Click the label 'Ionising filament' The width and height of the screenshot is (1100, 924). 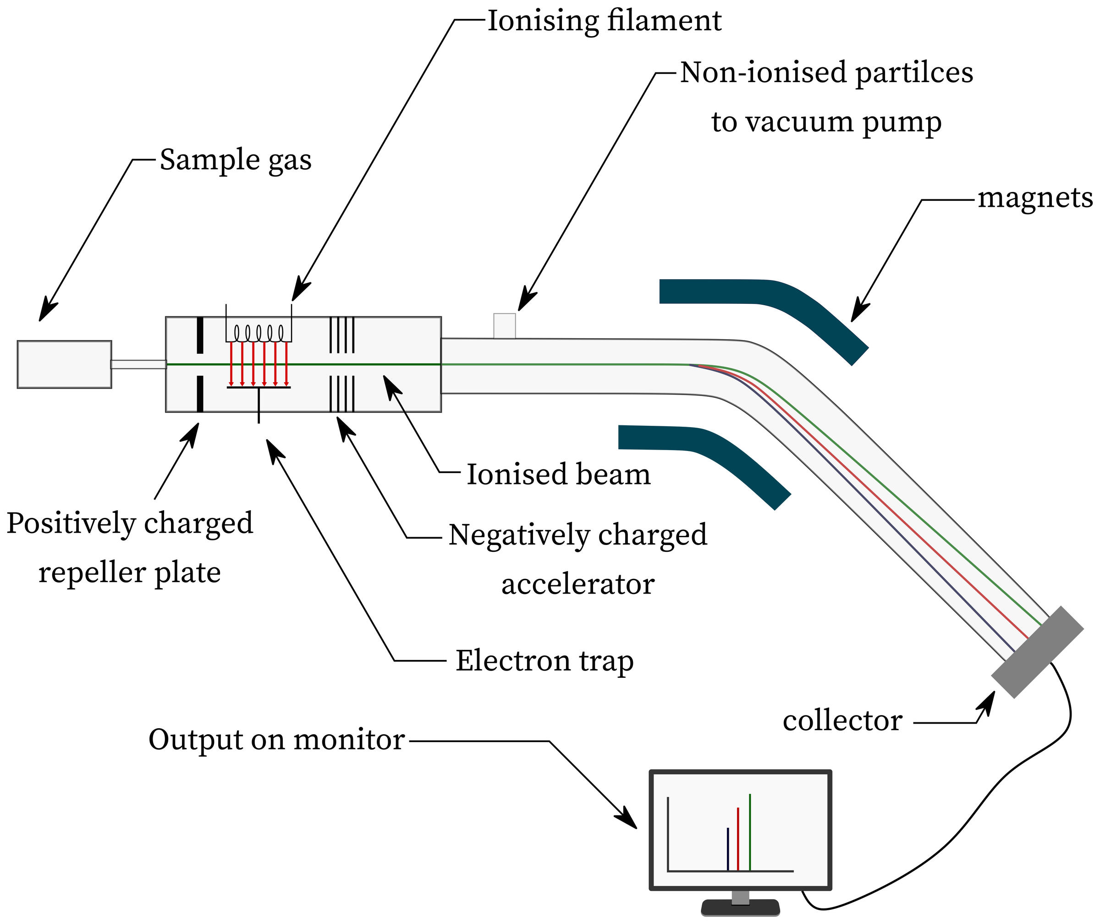pyautogui.click(x=604, y=22)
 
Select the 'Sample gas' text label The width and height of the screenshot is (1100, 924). pyautogui.click(x=235, y=160)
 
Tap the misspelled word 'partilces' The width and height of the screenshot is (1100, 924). pyautogui.click(x=914, y=73)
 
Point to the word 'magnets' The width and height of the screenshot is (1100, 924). pyautogui.click(x=1035, y=198)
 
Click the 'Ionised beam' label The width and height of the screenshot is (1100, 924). pyautogui.click(x=558, y=474)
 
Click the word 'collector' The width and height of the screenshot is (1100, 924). pyautogui.click(x=842, y=721)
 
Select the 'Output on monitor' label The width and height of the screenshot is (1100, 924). pyautogui.click(x=276, y=740)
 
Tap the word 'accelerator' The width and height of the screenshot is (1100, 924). pyautogui.click(x=578, y=584)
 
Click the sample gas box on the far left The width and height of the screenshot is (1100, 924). pyautogui.click(x=65, y=364)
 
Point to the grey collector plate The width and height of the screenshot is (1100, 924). pyautogui.click(x=1038, y=652)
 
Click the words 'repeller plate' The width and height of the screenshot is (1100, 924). pyautogui.click(x=129, y=572)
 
